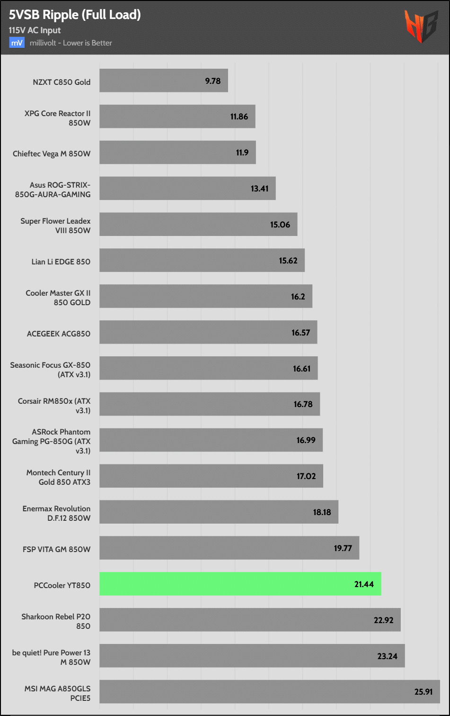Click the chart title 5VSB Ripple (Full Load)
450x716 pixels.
(x=75, y=15)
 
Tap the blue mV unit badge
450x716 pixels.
(x=17, y=43)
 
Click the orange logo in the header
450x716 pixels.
(x=421, y=27)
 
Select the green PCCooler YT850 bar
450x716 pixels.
(x=240, y=584)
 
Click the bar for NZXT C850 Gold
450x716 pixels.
(x=163, y=81)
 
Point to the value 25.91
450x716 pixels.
(x=424, y=692)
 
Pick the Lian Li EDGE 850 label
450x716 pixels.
(x=61, y=262)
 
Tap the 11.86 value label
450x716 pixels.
(x=239, y=117)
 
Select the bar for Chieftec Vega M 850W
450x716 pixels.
(x=177, y=153)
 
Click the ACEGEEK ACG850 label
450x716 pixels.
(x=58, y=334)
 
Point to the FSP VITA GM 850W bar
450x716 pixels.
(x=229, y=548)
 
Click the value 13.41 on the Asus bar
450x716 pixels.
(x=259, y=189)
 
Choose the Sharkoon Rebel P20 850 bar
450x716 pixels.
(x=250, y=620)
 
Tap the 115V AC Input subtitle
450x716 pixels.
(x=35, y=30)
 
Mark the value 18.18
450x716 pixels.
(x=322, y=512)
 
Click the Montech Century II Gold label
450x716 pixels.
(x=58, y=477)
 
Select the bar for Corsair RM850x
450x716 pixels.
(x=209, y=404)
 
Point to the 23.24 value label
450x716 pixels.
(x=387, y=656)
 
